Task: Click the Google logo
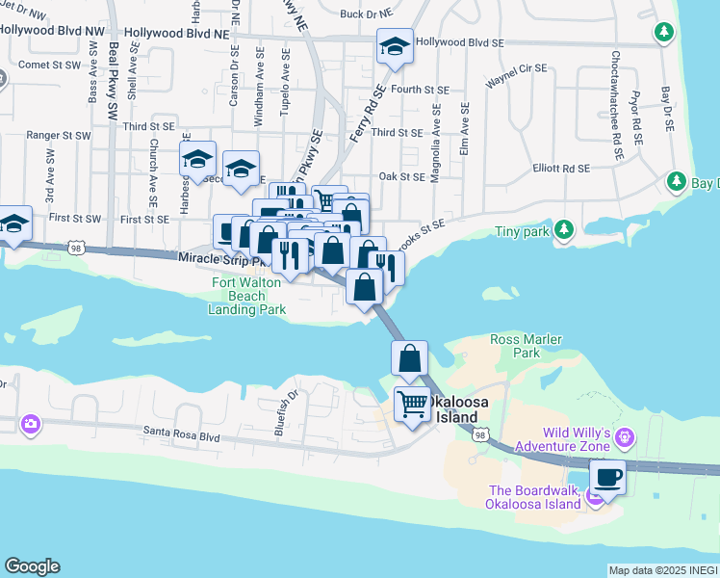pos(32,566)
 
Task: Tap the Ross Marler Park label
pos(527,346)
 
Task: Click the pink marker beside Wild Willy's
pos(626,438)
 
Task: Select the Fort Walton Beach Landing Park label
pos(246,296)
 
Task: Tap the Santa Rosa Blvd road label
pos(181,435)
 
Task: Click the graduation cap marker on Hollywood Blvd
pos(395,44)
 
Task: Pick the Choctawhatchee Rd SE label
pos(614,103)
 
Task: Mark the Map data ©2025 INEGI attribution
pos(662,570)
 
